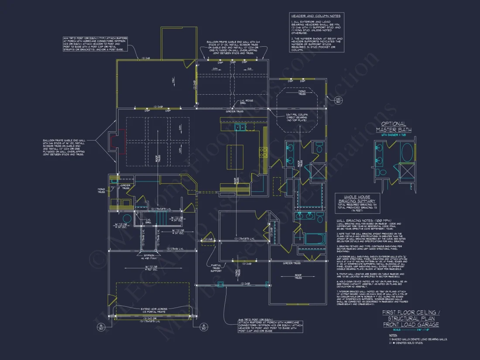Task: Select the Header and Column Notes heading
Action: click(315, 16)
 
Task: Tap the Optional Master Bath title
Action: click(394, 127)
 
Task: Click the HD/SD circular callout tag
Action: click(338, 101)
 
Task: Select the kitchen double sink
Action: click(240, 127)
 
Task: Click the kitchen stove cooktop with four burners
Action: click(264, 152)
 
